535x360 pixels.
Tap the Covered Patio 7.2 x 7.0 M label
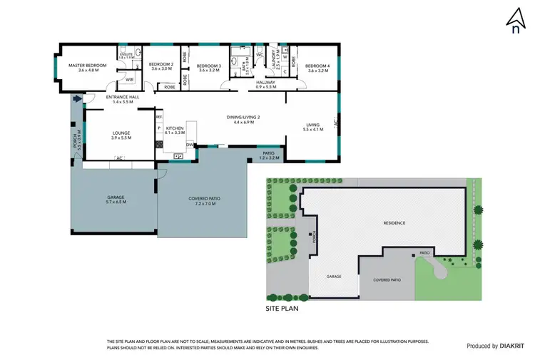[x=204, y=200]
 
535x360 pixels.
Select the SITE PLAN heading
[x=280, y=309]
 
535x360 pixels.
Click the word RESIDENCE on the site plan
[x=394, y=223]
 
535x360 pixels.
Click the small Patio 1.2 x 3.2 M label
[x=269, y=154]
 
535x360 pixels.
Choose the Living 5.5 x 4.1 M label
[x=313, y=126]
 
